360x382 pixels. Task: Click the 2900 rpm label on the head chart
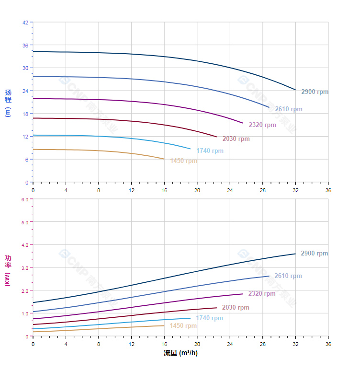pyautogui.click(x=315, y=92)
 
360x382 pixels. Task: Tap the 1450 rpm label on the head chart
pyautogui.click(x=183, y=161)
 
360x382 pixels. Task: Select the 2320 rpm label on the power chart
pyautogui.click(x=262, y=294)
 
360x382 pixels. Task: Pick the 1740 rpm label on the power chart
pyautogui.click(x=209, y=318)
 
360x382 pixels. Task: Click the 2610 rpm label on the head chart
pyautogui.click(x=288, y=109)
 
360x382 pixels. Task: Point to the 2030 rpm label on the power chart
pyautogui.click(x=236, y=308)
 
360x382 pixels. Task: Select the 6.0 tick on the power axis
pyautogui.click(x=24, y=199)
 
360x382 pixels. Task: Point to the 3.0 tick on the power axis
pyautogui.click(x=24, y=267)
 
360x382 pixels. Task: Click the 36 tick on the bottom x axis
pyautogui.click(x=328, y=344)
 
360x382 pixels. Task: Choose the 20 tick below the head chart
pyautogui.click(x=197, y=190)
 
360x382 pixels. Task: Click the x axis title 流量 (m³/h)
pyautogui.click(x=180, y=353)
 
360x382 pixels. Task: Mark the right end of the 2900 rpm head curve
pyautogui.click(x=295, y=90)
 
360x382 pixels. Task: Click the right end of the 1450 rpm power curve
pyautogui.click(x=164, y=325)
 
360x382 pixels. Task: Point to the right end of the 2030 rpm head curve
pyautogui.click(x=217, y=137)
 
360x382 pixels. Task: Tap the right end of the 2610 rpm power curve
pyautogui.click(x=269, y=276)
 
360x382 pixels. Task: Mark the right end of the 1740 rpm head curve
pyautogui.click(x=191, y=149)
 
